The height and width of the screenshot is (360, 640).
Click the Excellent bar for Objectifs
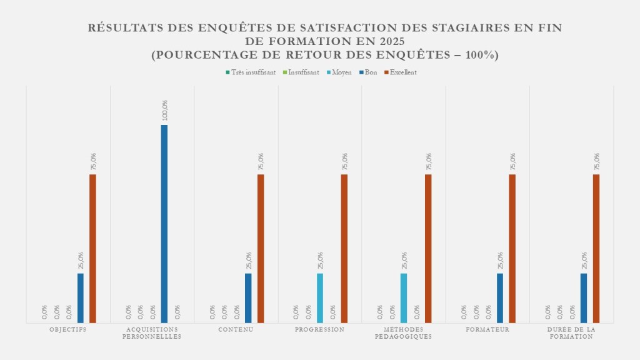pos(92,248)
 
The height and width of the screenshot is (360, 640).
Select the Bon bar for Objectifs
pos(81,297)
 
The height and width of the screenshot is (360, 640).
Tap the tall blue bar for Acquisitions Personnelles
pos(164,223)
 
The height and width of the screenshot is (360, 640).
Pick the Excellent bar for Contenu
pos(261,248)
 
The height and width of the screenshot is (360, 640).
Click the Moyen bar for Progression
pos(320,297)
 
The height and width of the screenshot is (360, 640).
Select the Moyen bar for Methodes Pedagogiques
pos(404,297)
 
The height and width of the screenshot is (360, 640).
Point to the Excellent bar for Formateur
pos(512,248)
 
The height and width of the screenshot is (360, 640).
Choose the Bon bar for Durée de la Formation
pos(584,297)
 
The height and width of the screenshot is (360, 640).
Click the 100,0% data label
pos(165,110)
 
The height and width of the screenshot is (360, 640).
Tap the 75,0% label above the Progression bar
pos(345,161)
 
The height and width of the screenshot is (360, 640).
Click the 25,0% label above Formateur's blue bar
pos(501,261)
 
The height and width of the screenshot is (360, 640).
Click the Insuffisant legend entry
pos(303,72)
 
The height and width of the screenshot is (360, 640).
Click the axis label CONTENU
pos(236,329)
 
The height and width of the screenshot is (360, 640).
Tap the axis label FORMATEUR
pos(488,329)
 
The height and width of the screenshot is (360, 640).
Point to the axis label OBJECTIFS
pos(68,329)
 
